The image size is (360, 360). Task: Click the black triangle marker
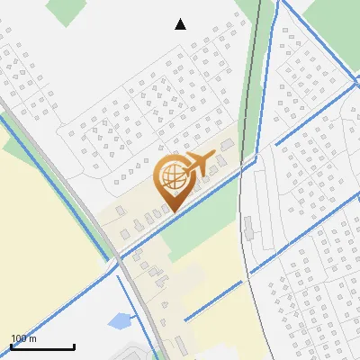tap(181, 23)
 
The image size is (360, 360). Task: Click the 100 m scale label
tap(23, 338)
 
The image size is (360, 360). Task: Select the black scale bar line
tap(42, 346)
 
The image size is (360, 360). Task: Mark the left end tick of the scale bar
tap(11, 345)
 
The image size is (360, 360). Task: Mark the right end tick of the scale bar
tap(74, 345)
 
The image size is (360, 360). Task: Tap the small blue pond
tap(118, 319)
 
